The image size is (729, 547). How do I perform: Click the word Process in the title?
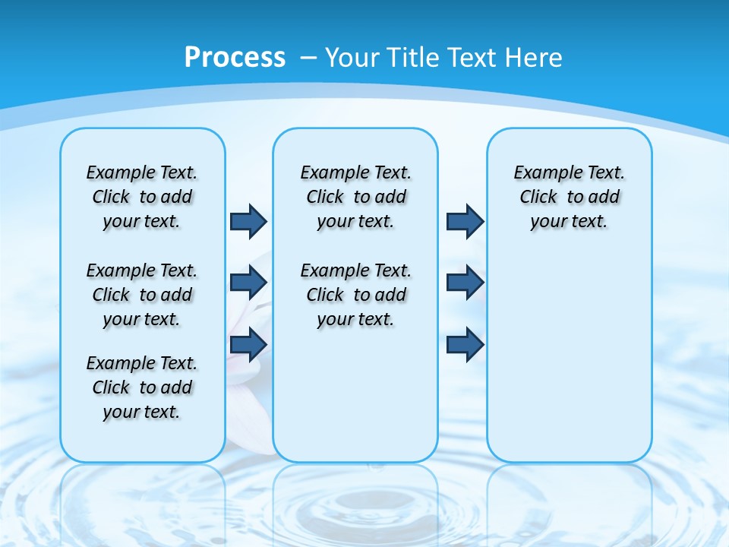[235, 58]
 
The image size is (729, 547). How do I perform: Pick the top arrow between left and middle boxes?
[248, 221]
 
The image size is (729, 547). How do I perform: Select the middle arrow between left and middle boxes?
[248, 283]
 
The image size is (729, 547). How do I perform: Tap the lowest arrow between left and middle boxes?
[248, 344]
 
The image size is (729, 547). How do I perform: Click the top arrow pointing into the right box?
[465, 221]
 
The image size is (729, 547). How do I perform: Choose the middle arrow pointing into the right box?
[465, 283]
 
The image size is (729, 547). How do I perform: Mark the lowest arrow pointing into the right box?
[465, 344]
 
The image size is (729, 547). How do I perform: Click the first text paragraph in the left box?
[142, 197]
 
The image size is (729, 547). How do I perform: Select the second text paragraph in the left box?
[142, 295]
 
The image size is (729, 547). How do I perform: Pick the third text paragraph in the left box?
[142, 387]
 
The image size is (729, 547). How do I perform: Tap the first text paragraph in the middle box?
[355, 197]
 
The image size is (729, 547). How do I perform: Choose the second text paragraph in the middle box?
[355, 295]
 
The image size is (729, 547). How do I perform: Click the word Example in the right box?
[541, 172]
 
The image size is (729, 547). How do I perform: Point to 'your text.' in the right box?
[569, 222]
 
